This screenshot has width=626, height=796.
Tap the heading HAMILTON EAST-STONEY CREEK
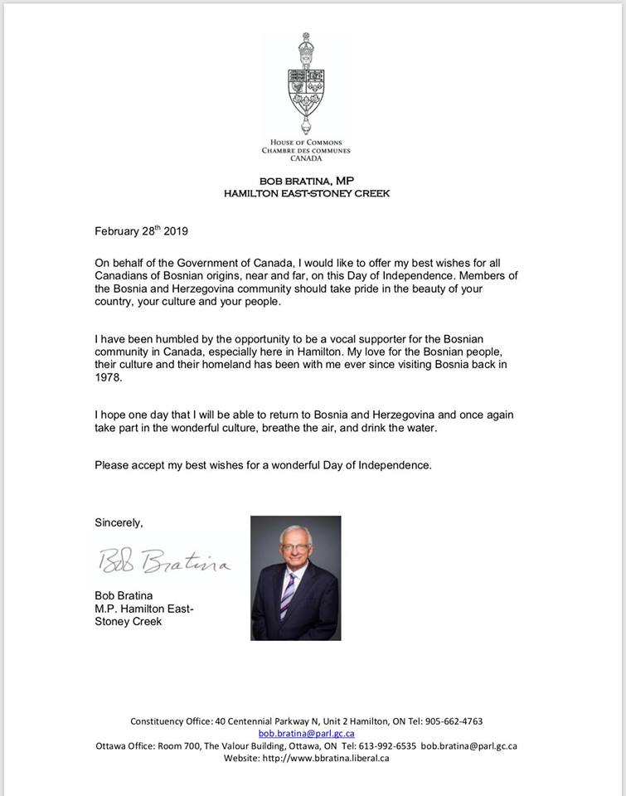[x=306, y=193]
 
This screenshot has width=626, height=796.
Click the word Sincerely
[x=119, y=523]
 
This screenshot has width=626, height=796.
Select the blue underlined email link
[x=307, y=733]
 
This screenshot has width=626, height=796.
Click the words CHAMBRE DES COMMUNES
[x=306, y=151]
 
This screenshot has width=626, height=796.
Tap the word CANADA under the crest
[x=306, y=158]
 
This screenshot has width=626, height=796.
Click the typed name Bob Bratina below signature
[x=124, y=595]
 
